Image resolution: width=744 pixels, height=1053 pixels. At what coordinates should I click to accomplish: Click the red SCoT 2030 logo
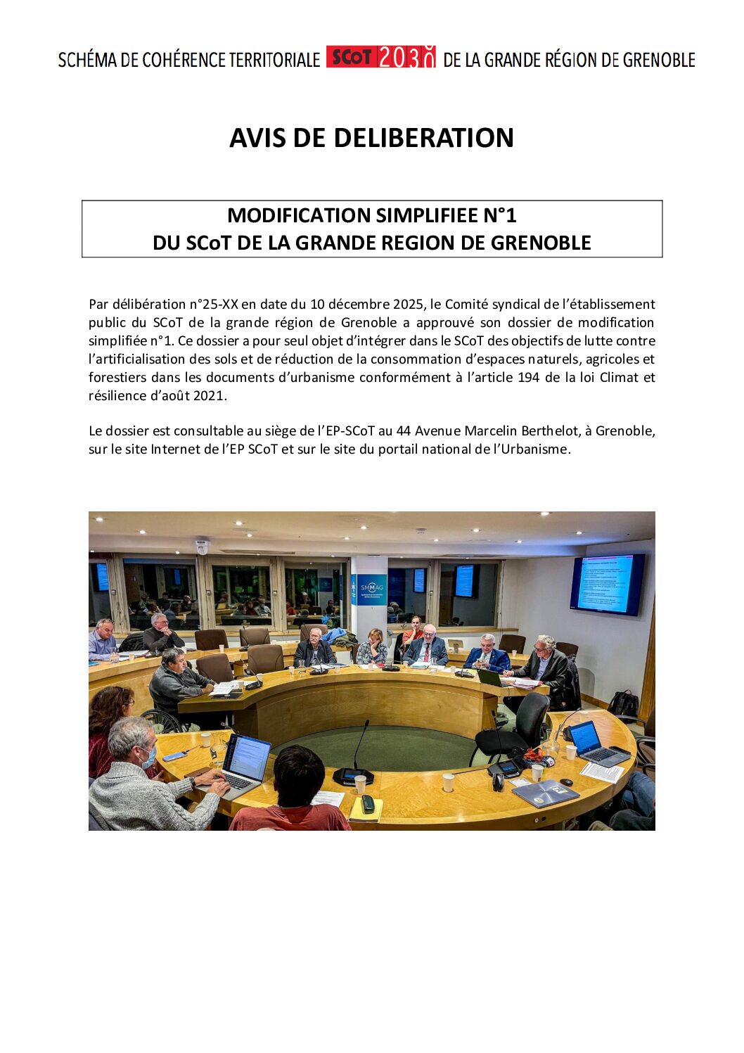click(380, 58)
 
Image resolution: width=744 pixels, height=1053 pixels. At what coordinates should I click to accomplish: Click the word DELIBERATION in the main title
click(423, 138)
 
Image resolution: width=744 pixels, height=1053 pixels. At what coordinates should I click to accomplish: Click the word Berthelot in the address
click(549, 431)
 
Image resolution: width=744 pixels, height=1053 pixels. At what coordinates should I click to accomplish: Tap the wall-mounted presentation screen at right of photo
click(608, 584)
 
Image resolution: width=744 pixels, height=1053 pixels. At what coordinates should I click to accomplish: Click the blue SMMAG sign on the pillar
click(371, 589)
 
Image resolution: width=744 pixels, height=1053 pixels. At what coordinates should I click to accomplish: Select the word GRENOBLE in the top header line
click(659, 60)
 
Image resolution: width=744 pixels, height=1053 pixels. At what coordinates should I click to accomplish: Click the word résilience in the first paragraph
click(113, 396)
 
